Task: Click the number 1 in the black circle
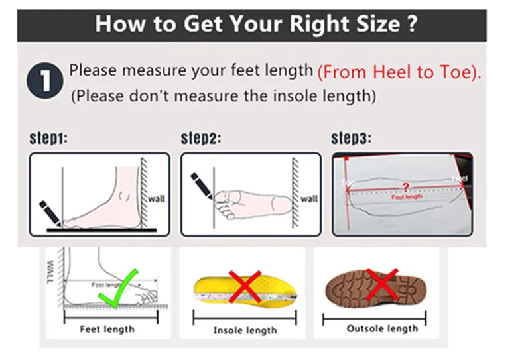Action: point(45,82)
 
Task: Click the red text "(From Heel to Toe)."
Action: point(399,72)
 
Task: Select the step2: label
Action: point(201,139)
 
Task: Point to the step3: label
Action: point(351,139)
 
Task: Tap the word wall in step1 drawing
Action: point(156,198)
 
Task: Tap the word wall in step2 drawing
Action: point(309,198)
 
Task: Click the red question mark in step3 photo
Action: point(405,187)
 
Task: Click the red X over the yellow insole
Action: point(244,286)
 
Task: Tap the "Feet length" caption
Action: point(107,330)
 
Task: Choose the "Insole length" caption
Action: point(245,330)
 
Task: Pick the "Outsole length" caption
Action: point(382,329)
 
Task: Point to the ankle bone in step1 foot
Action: point(125,197)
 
